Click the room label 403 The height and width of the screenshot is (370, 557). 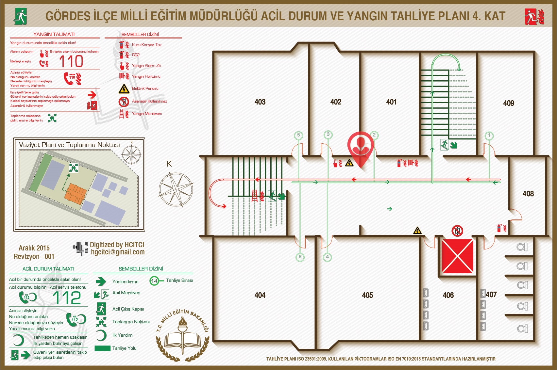point(260,102)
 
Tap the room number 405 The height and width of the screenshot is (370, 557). point(367,295)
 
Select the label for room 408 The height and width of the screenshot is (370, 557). point(528,194)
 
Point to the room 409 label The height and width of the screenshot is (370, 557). point(509,103)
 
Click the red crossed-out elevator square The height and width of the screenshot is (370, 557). point(458,256)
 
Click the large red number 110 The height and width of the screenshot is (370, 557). point(71,61)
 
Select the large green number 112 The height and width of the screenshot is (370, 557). point(67,298)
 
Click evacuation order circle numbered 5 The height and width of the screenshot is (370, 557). point(298,135)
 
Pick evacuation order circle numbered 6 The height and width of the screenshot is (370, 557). point(300,257)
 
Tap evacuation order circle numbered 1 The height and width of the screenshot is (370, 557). point(489,135)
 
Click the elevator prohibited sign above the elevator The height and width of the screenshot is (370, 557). point(457,231)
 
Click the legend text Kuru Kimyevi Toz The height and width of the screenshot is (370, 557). point(146,45)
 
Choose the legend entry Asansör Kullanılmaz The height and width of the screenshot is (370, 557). point(149,101)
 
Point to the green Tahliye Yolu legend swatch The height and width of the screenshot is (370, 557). point(102,348)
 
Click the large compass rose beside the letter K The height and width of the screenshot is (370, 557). point(176,189)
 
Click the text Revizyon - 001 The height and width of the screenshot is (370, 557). point(34,257)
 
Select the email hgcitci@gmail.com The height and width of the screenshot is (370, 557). point(118,252)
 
